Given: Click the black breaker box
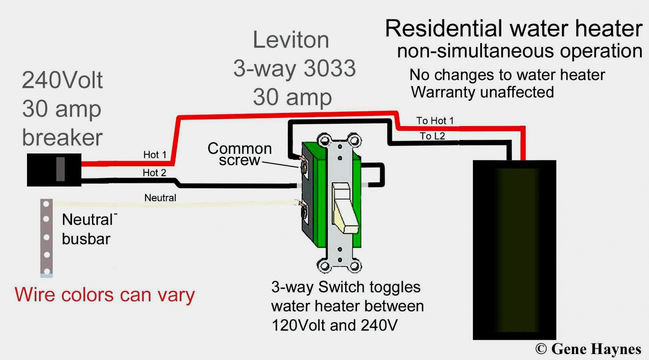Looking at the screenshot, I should tap(54, 170).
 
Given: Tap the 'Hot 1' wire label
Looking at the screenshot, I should tap(155, 155).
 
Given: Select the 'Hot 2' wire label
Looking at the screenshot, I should tap(154, 173).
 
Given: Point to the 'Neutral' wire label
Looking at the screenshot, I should tap(160, 198).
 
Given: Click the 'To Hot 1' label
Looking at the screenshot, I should tap(435, 121).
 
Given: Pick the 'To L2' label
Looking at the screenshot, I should tap(432, 136).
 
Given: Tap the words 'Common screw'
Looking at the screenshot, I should tap(239, 154).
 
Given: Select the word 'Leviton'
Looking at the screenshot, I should tap(291, 40).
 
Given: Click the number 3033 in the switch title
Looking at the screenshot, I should tap(330, 69).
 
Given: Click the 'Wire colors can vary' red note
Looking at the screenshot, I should tap(105, 295).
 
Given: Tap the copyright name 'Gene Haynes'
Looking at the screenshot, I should tap(596, 349).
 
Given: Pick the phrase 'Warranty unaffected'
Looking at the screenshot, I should tap(482, 92).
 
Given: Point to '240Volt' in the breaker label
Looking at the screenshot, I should tap(63, 80).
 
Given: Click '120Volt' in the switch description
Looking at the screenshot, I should tap(299, 325).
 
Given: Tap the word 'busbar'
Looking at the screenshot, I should tap(86, 239).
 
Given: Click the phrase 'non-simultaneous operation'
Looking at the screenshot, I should tap(519, 51).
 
